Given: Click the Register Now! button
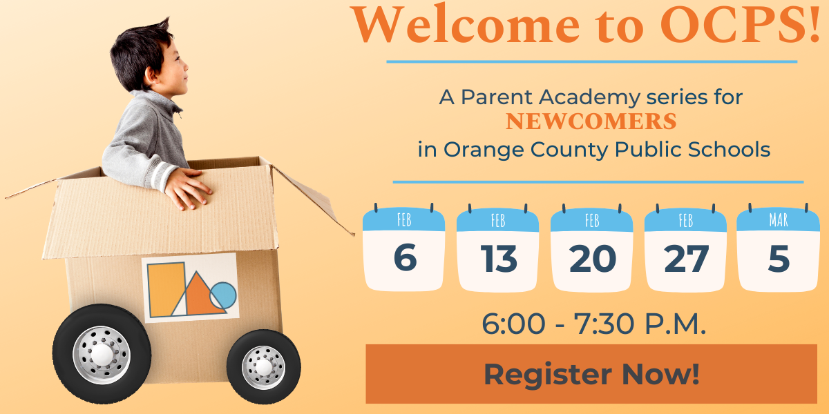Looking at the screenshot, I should (x=591, y=374).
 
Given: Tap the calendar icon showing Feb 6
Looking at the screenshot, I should (x=404, y=248).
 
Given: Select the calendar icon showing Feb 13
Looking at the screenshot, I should (x=497, y=248).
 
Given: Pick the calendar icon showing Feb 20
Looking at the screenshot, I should (x=592, y=248).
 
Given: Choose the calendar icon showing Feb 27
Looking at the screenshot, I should (x=685, y=248).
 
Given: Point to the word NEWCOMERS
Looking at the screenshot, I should (x=591, y=122).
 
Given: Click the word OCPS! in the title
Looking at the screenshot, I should (x=743, y=24).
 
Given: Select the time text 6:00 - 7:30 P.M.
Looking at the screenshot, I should (x=593, y=324).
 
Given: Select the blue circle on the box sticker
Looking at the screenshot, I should (x=223, y=295).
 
